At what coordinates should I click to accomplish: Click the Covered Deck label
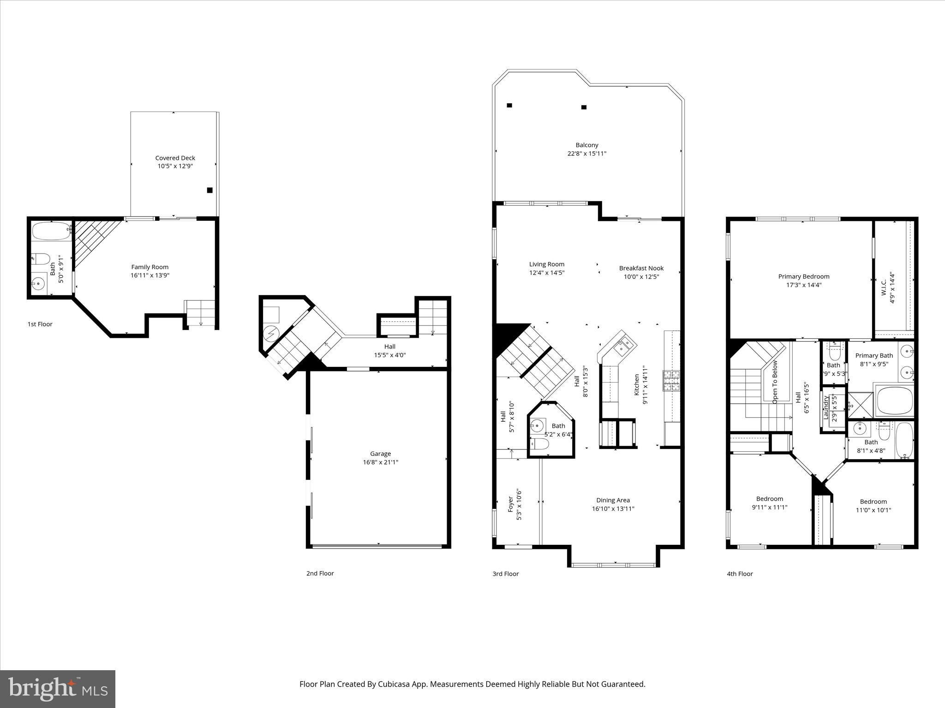click(x=175, y=158)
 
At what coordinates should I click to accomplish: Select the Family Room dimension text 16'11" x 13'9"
click(x=150, y=275)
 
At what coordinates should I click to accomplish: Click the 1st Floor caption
click(x=40, y=324)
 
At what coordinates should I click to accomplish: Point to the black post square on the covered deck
click(x=209, y=190)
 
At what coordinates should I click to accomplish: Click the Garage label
click(x=380, y=454)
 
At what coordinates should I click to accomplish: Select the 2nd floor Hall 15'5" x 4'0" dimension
click(x=389, y=355)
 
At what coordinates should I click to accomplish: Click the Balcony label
click(x=586, y=145)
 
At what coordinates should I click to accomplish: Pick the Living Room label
click(x=547, y=264)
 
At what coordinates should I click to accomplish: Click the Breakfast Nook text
click(x=641, y=268)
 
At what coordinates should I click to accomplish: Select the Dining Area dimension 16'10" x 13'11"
click(x=613, y=508)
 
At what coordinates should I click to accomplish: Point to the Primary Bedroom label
click(x=803, y=277)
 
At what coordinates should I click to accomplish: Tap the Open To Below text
click(x=775, y=382)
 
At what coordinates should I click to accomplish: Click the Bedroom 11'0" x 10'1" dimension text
click(x=873, y=510)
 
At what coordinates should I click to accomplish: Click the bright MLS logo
click(x=58, y=689)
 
